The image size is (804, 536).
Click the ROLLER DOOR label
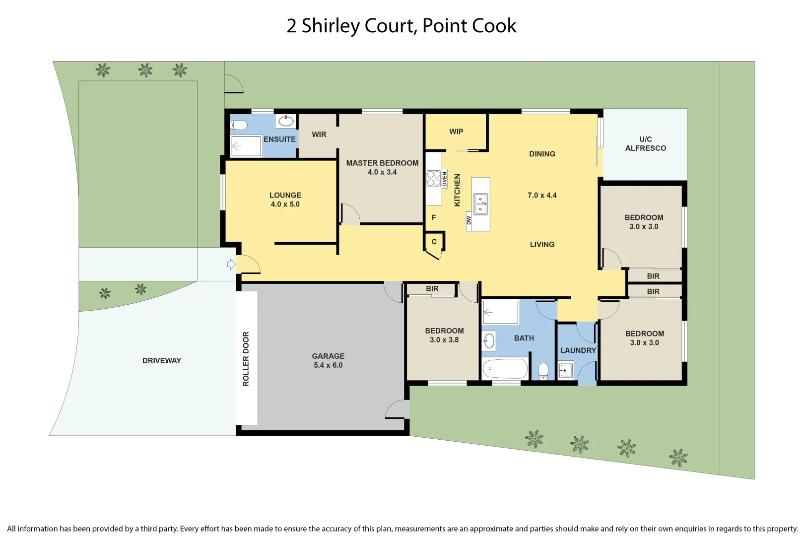coord(246,359)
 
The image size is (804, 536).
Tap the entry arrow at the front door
coord(231,264)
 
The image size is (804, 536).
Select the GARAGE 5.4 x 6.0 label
coord(328,361)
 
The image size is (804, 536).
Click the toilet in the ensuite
coord(239,125)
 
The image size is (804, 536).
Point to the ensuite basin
coord(286,121)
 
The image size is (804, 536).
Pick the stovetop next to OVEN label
coord(433,179)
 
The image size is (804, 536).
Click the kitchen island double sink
coord(480,204)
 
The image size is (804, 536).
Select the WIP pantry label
coord(456,132)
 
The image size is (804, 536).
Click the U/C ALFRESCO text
coord(645,143)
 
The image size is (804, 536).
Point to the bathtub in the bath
coord(505,369)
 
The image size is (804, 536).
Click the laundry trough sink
coord(565,370)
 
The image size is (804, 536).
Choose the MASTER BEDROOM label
coord(382,163)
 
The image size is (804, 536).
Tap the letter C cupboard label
coord(434,242)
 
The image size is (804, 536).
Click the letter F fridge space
coord(434,217)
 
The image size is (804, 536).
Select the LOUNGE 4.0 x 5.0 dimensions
coord(285,204)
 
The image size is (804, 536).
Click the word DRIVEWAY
coord(162,361)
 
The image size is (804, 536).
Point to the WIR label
coord(319,134)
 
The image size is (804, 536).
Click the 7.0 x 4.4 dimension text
coord(542,196)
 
